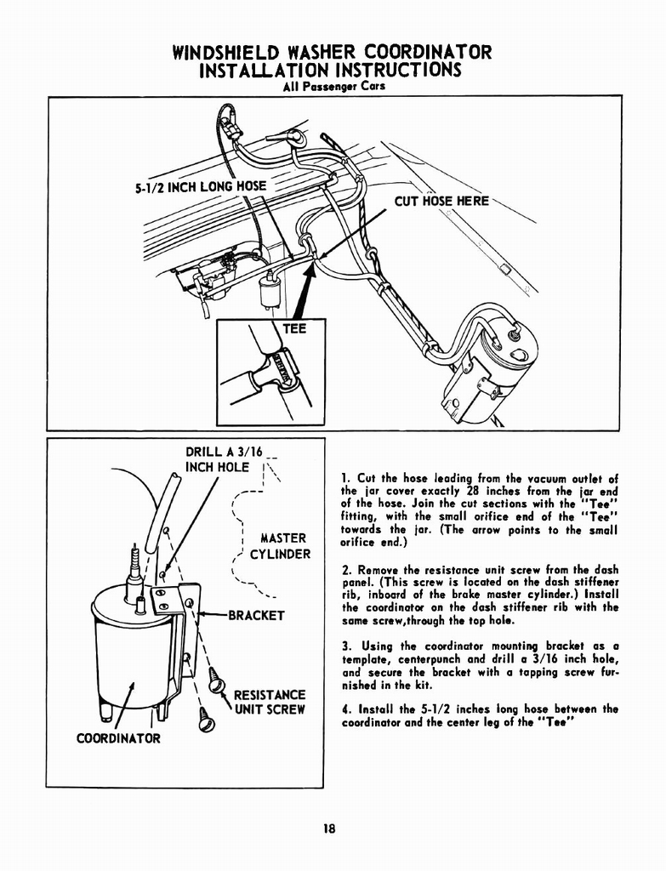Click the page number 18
point(333,831)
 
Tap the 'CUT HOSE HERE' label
point(441,201)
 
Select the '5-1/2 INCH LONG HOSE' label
point(200,186)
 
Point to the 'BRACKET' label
point(256,615)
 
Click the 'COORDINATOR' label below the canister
point(118,737)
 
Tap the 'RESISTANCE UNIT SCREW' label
point(269,702)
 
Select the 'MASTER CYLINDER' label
point(281,546)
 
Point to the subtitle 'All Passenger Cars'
point(333,86)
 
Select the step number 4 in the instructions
point(344,709)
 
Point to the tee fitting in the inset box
point(274,372)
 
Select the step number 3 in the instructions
point(344,646)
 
